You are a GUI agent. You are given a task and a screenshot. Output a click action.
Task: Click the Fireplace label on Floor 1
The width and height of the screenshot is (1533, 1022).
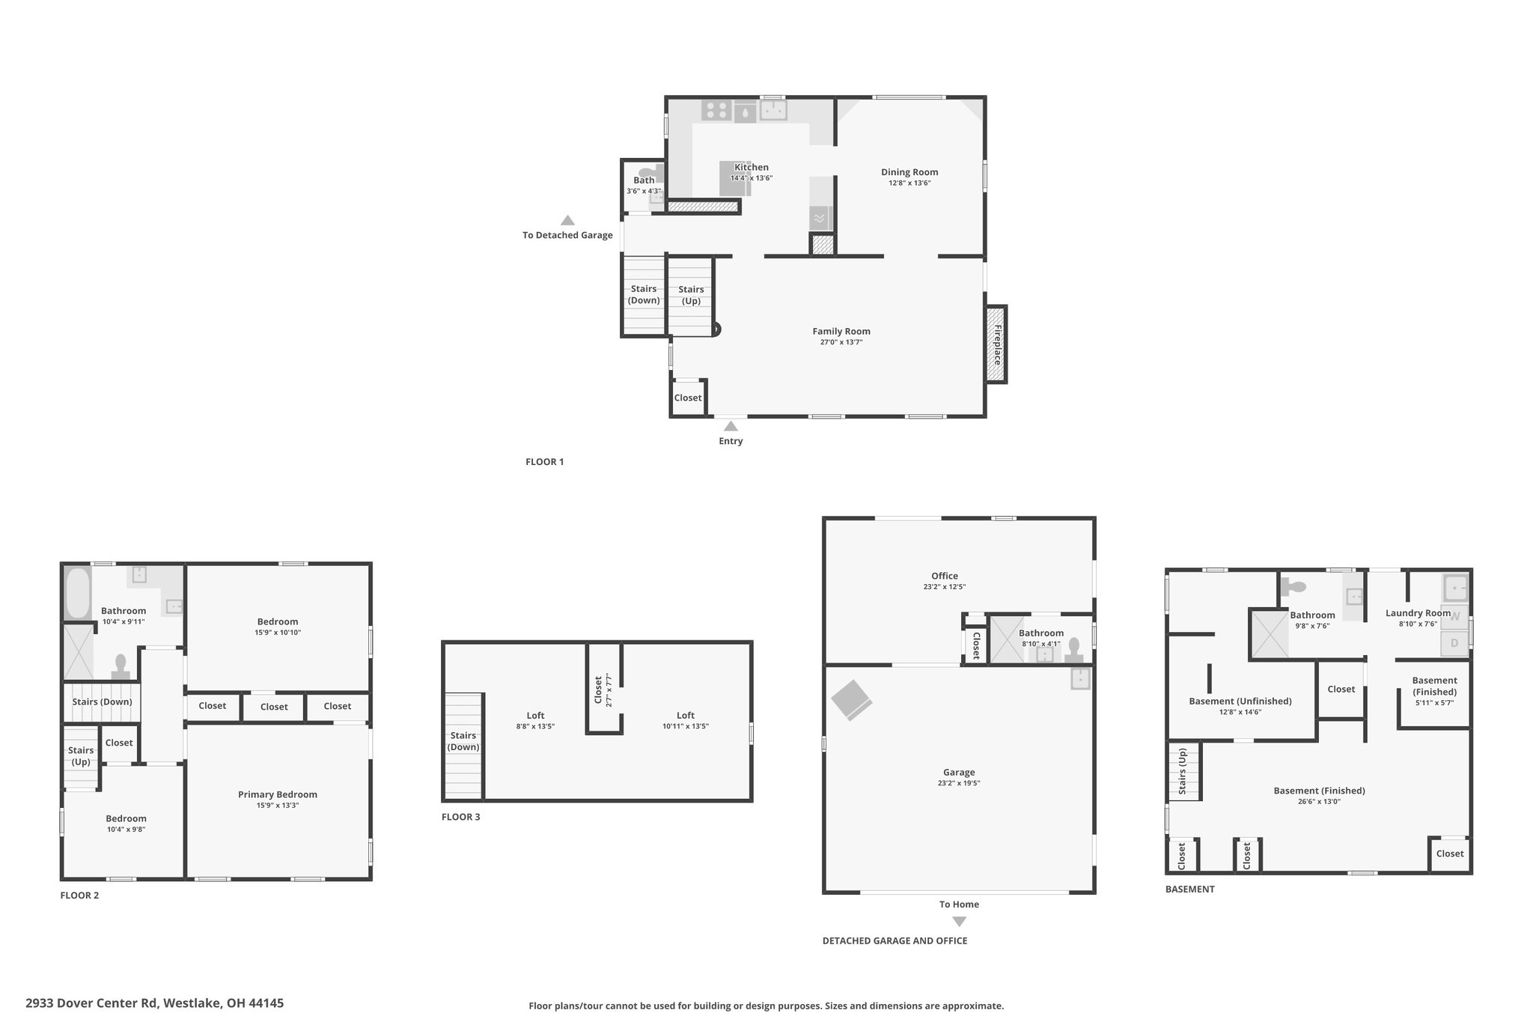pyautogui.click(x=997, y=344)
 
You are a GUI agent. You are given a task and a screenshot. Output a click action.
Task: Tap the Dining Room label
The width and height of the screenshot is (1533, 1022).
pyautogui.click(x=909, y=172)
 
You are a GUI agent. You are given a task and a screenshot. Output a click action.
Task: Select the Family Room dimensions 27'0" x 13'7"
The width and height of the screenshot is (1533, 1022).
pyautogui.click(x=841, y=342)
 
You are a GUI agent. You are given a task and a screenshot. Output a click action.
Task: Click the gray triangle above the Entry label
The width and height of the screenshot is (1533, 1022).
pyautogui.click(x=731, y=426)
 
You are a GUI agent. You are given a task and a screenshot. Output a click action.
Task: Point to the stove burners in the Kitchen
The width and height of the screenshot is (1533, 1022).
pyautogui.click(x=716, y=111)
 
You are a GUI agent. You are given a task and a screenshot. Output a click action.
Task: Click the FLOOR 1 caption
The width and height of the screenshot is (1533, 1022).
pyautogui.click(x=545, y=462)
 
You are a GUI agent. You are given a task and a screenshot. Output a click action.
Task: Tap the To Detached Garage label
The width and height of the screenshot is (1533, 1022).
pyautogui.click(x=567, y=235)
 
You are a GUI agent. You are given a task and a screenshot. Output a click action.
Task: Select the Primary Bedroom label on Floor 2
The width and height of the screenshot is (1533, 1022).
pyautogui.click(x=278, y=794)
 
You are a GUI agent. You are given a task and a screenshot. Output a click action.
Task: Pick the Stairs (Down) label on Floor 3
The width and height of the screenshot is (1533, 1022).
pyautogui.click(x=463, y=741)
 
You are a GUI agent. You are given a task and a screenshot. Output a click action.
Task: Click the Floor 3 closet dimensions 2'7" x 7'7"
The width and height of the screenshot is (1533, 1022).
pyautogui.click(x=609, y=691)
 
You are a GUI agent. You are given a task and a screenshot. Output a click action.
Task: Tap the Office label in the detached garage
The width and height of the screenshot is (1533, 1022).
pyautogui.click(x=945, y=577)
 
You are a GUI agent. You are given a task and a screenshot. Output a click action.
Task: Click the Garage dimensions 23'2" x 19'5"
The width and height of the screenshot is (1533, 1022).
pyautogui.click(x=959, y=783)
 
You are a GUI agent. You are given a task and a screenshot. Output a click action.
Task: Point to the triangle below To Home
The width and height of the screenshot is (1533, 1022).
pyautogui.click(x=959, y=922)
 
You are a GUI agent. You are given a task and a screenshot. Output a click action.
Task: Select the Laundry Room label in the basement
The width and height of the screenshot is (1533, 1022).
pyautogui.click(x=1418, y=613)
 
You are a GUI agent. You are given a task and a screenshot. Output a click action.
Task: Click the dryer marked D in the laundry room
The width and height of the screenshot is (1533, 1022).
pyautogui.click(x=1454, y=643)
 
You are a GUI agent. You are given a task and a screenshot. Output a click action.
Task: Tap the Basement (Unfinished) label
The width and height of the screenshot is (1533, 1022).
pyautogui.click(x=1240, y=702)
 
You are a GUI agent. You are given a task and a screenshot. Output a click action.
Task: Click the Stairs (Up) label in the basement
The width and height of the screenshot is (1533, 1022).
pyautogui.click(x=1183, y=771)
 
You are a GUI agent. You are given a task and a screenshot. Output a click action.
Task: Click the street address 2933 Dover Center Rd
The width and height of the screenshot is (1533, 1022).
pyautogui.click(x=92, y=1003)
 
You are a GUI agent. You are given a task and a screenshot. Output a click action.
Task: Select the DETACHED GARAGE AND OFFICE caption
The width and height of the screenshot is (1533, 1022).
pyautogui.click(x=894, y=941)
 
